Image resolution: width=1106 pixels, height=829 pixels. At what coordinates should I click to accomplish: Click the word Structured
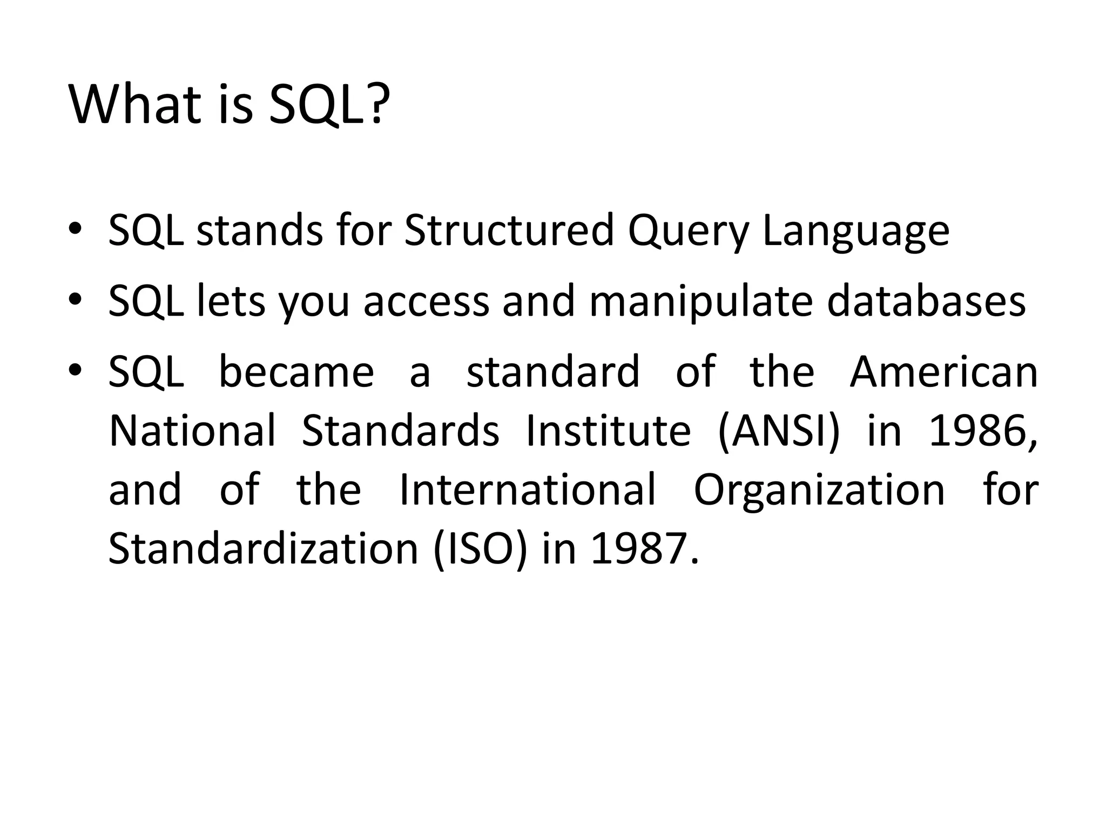point(509,231)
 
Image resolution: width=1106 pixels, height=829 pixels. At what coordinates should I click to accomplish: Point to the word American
point(943,372)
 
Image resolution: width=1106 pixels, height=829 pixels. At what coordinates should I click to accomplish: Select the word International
point(527,490)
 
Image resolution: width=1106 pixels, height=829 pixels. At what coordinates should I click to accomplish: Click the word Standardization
point(264,549)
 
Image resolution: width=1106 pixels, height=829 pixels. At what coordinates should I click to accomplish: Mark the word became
point(296,372)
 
